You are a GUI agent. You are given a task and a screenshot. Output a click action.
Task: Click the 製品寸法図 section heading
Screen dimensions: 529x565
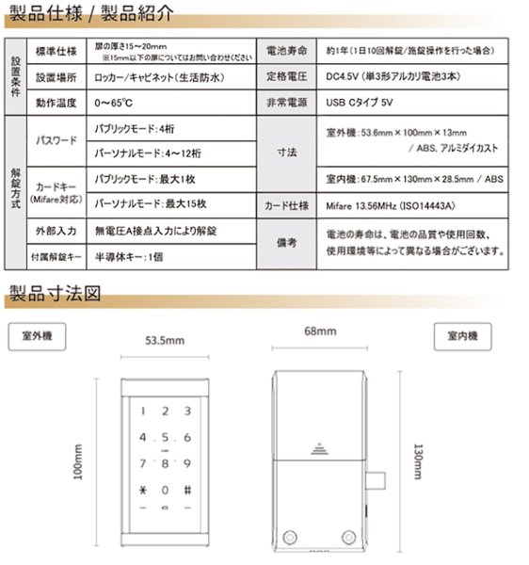pyautogui.click(x=54, y=293)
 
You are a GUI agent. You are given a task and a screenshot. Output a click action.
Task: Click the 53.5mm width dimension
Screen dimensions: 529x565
pyautogui.click(x=164, y=340)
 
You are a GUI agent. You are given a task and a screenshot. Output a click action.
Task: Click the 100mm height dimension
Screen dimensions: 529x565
pyautogui.click(x=79, y=461)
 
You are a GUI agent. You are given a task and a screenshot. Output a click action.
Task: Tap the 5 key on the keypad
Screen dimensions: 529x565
pyautogui.click(x=165, y=438)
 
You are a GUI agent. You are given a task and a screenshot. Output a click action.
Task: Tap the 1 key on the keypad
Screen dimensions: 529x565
pyautogui.click(x=143, y=412)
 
